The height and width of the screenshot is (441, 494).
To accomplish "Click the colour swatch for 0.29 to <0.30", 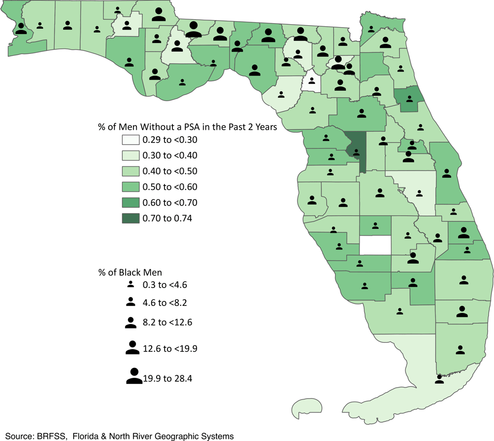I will pos(130,140).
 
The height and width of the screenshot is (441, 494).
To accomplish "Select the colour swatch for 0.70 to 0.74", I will pos(130,219).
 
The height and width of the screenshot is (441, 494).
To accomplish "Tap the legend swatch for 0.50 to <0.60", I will pos(130,187).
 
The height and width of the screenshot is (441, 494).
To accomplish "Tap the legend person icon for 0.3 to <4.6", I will pos(130,285).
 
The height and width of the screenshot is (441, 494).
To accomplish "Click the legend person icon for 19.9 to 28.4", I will pos(134,376).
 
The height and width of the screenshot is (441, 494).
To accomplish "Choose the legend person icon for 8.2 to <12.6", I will pos(131,323).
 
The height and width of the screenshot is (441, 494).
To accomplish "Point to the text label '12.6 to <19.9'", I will pos(166,349).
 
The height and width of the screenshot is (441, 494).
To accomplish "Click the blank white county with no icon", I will pos(375,245).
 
